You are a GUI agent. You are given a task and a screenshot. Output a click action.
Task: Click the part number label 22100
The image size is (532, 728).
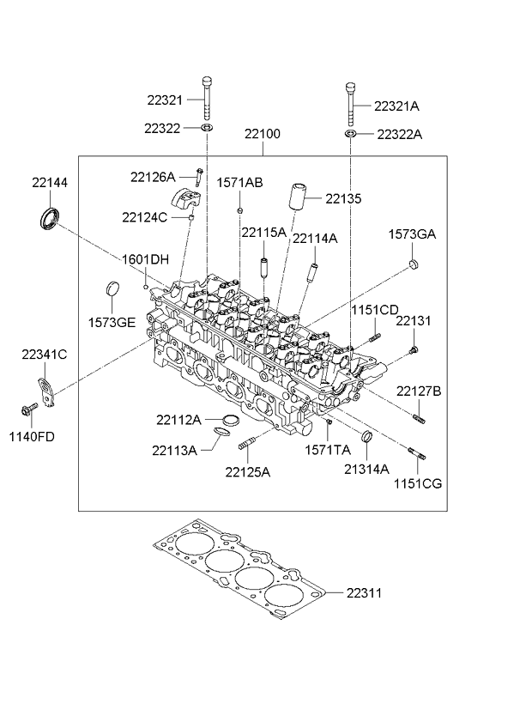tap(262, 135)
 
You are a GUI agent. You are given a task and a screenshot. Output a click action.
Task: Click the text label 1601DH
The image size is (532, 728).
tap(145, 258)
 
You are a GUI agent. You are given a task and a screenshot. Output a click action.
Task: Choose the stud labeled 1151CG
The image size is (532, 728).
tap(415, 456)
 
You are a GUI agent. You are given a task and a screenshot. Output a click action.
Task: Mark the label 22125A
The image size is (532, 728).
tap(248, 471)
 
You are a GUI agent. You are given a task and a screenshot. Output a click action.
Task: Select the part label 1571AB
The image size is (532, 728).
tap(239, 182)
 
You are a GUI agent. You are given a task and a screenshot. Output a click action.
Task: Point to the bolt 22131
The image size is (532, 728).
tap(413, 349)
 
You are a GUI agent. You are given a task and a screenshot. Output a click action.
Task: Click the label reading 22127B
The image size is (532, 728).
tap(419, 391)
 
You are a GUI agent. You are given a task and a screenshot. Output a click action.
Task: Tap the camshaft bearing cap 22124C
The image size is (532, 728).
tap(187, 203)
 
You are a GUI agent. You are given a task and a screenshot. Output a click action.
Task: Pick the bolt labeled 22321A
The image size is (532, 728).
tap(351, 104)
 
